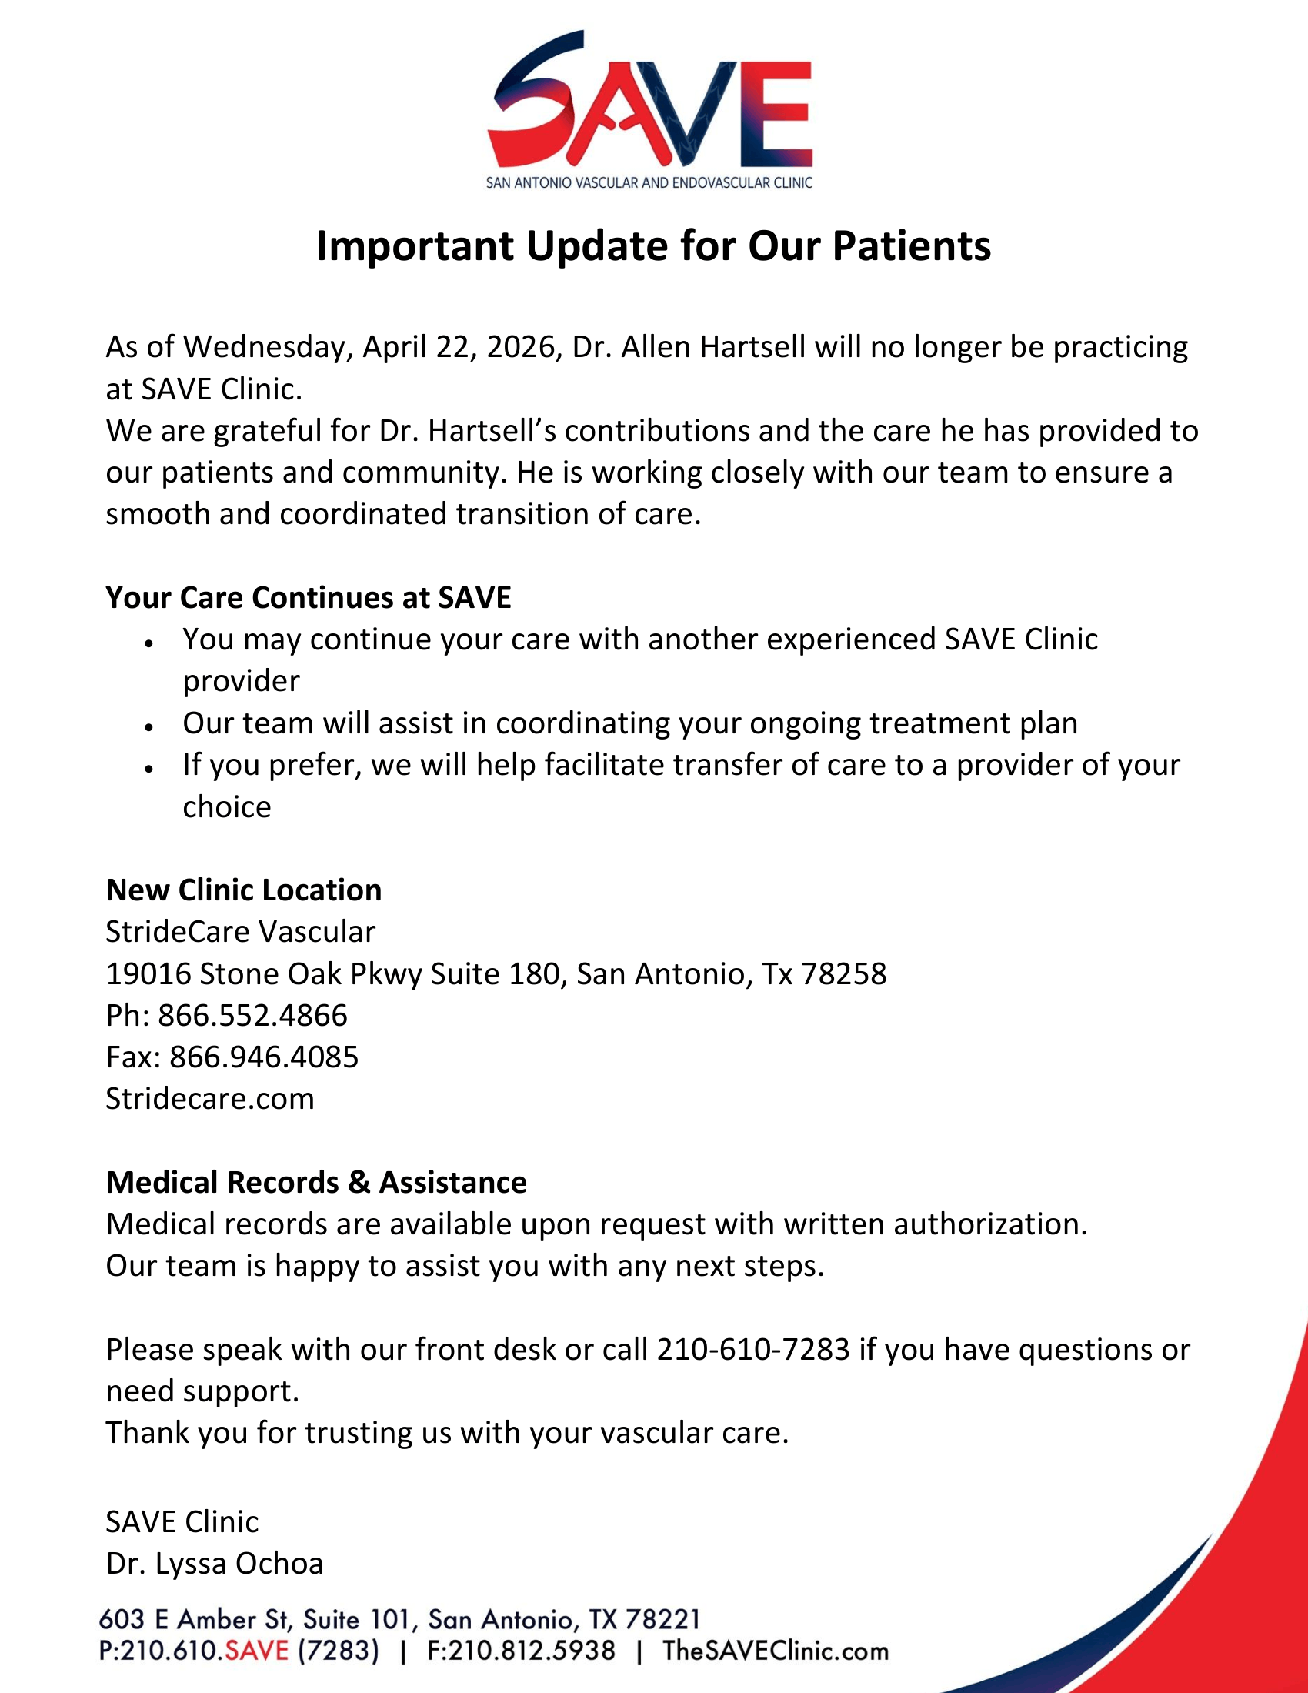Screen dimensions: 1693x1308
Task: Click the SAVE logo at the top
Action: tap(649, 109)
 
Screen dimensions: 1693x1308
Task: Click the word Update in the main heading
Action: tap(596, 246)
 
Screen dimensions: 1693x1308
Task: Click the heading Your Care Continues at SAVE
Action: tap(309, 597)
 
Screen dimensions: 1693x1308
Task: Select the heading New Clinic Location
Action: tap(243, 890)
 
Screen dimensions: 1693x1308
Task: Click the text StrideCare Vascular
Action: tap(240, 932)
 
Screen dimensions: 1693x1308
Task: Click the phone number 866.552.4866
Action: tap(252, 1016)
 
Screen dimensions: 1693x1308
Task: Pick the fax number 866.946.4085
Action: tap(263, 1057)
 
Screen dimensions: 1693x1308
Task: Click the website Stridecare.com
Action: tap(210, 1099)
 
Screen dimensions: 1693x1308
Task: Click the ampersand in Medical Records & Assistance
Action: tap(359, 1183)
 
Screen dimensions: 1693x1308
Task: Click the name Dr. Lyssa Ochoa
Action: tap(215, 1564)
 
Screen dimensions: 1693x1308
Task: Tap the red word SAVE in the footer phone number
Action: tap(256, 1651)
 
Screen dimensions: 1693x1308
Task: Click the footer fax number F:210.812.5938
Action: tap(522, 1651)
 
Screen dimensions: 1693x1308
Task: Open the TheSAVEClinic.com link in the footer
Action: tap(775, 1651)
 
